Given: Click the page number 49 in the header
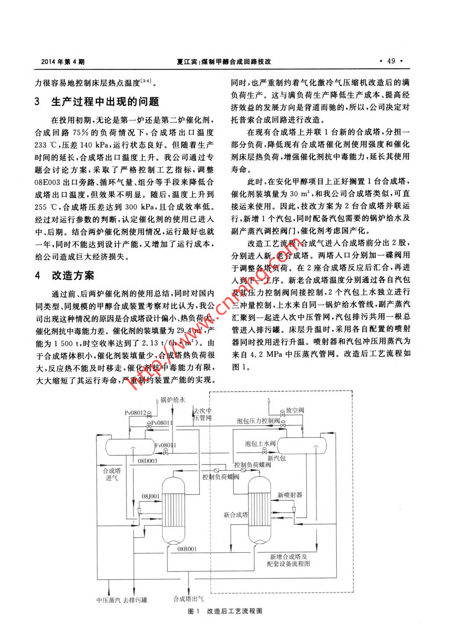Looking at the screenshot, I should [391, 61].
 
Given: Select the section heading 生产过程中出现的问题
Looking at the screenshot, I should [105, 102].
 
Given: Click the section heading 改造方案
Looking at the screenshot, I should [73, 275].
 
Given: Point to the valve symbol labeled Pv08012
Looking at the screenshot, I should [150, 414].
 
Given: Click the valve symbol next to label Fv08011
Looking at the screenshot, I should [166, 452].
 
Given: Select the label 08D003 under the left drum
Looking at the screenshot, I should [147, 461].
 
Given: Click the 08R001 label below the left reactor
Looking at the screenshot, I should [187, 549].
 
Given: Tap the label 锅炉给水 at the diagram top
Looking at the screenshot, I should [173, 400].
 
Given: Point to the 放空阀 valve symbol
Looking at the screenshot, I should [282, 411].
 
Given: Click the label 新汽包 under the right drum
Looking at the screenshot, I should [276, 458].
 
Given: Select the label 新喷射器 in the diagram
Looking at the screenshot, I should [290, 495].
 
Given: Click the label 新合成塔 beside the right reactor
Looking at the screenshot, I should [236, 515].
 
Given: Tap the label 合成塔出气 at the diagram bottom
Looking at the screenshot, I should [188, 599].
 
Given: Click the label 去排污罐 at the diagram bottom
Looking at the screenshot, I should [135, 600].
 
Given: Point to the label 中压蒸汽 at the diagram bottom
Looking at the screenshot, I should [109, 600].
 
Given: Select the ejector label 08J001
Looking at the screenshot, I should [150, 497].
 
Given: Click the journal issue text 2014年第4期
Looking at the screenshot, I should [63, 61].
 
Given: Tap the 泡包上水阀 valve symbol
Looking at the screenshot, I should [265, 452].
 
